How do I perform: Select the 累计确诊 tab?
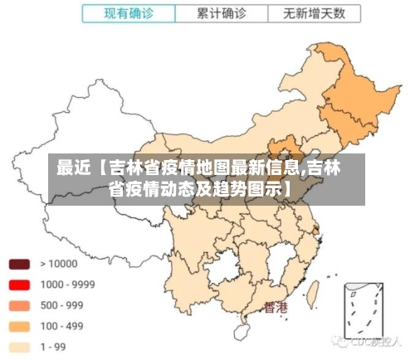[x=221, y=13]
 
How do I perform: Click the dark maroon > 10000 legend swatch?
[x=20, y=265]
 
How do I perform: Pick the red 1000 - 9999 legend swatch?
[x=20, y=285]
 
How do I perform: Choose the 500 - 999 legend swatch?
[x=20, y=305]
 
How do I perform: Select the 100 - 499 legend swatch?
[x=20, y=326]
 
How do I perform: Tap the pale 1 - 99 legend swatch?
[x=20, y=347]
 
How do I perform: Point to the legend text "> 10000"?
[x=58, y=265]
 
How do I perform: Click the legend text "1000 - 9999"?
[x=67, y=285]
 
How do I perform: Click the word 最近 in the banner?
[x=73, y=168]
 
